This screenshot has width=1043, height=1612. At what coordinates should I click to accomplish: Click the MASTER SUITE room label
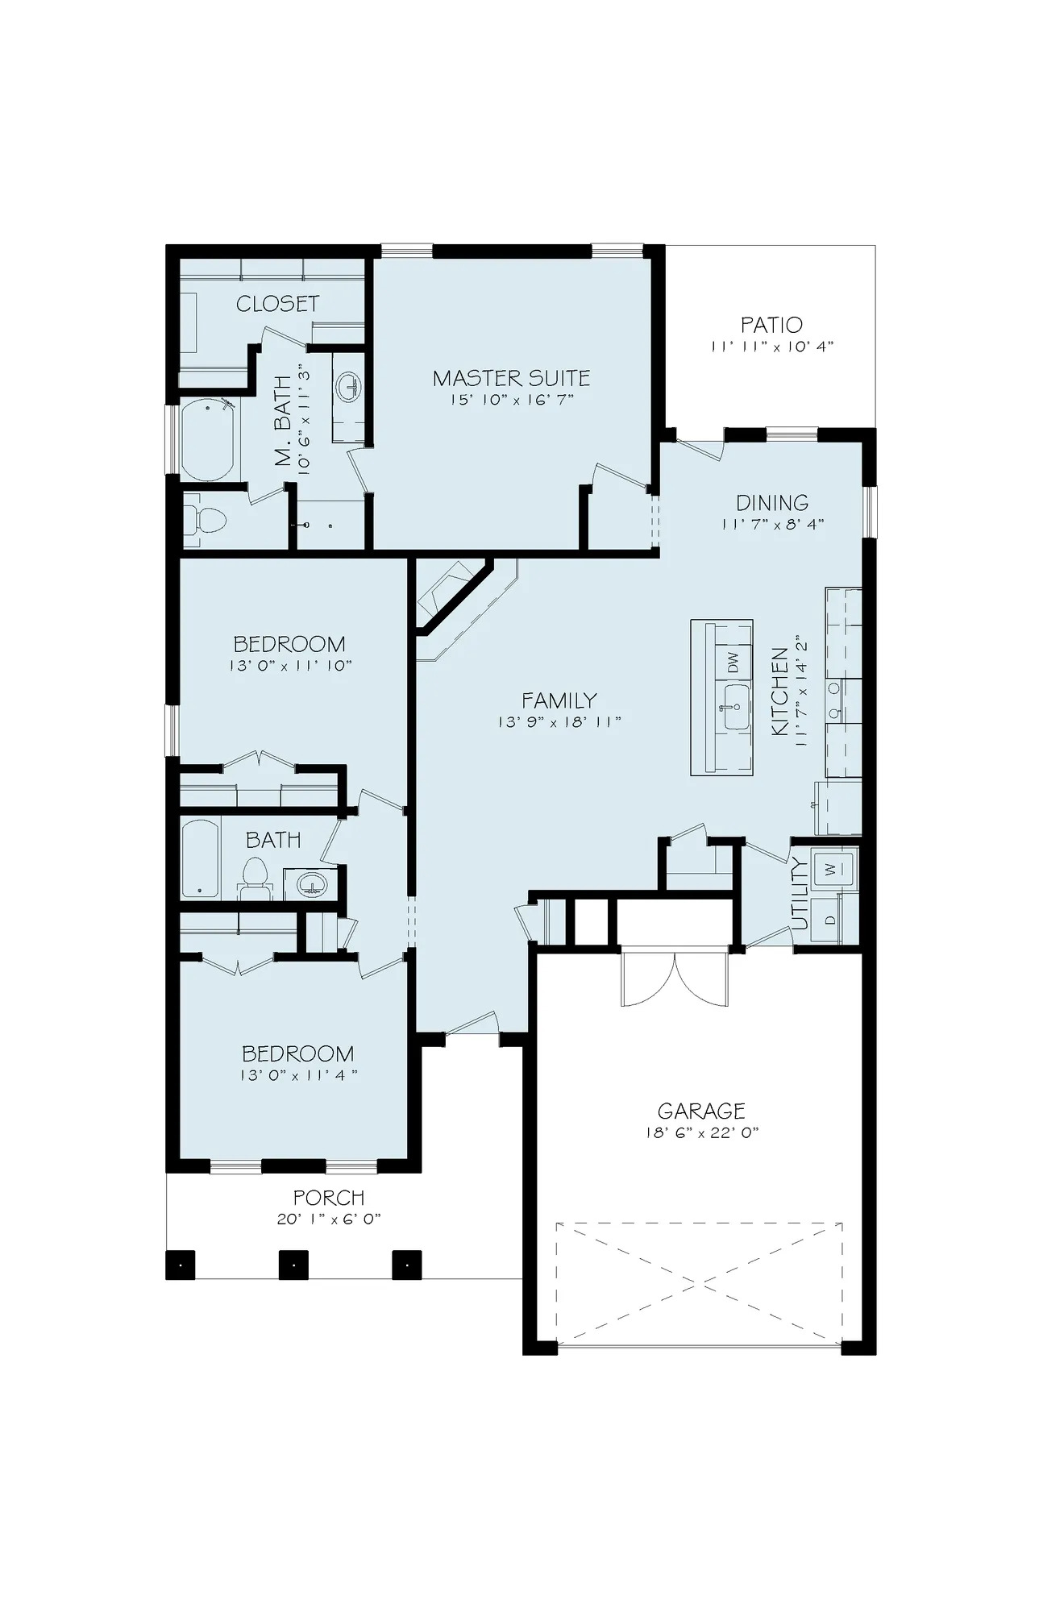click(511, 377)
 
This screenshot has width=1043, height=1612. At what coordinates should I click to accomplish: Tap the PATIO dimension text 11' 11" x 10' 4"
click(771, 347)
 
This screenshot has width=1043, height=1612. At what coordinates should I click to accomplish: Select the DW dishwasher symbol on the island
click(733, 663)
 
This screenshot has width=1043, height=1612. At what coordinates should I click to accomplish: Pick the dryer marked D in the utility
click(829, 919)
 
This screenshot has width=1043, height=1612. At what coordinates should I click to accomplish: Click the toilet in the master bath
click(206, 521)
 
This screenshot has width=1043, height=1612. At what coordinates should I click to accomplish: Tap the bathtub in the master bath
click(207, 440)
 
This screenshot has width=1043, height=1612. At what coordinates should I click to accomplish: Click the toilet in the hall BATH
click(256, 878)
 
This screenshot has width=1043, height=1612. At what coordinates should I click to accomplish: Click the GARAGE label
click(700, 1111)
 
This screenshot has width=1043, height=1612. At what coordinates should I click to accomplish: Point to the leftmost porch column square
click(181, 1265)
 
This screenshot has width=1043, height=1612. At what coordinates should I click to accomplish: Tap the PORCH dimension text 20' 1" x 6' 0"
click(328, 1219)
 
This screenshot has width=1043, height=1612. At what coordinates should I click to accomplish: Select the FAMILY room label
click(559, 700)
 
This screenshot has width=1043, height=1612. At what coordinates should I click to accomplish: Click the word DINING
click(771, 503)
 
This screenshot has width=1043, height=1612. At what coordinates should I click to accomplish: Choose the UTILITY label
click(799, 895)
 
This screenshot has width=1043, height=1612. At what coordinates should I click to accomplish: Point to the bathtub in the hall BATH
click(199, 859)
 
